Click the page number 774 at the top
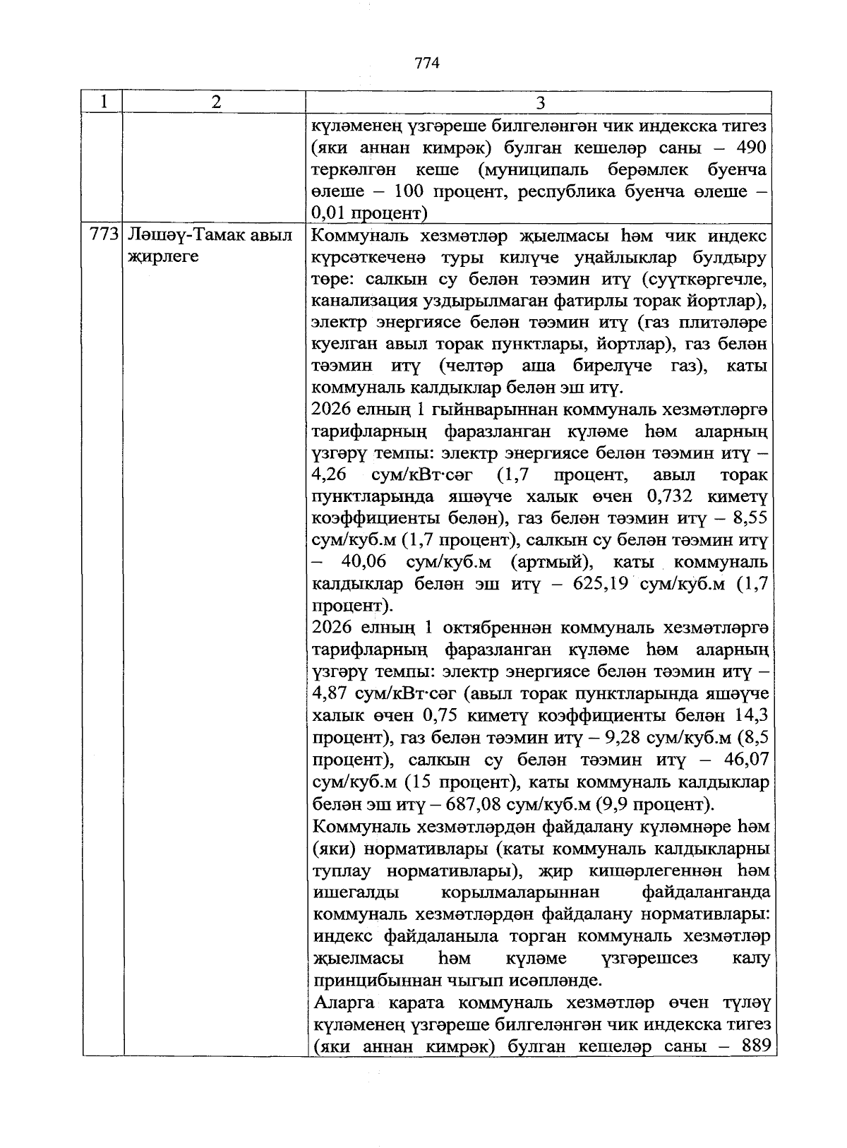tap(428, 64)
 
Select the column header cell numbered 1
tap(103, 102)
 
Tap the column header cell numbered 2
tap(215, 102)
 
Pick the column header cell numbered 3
tap(540, 103)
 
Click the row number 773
tap(104, 235)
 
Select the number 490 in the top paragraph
tap(751, 148)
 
